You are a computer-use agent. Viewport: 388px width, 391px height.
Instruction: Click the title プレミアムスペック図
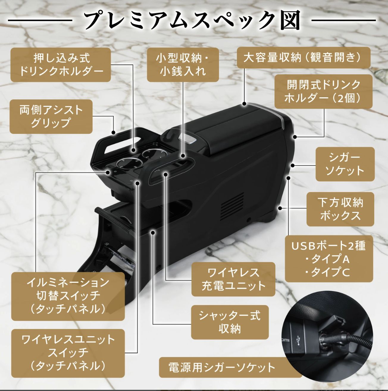coord(192,20)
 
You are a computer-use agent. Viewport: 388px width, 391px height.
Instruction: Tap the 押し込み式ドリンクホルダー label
coord(61,65)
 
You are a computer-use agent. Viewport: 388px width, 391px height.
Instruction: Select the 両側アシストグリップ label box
coord(51,117)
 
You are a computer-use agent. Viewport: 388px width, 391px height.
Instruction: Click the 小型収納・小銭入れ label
coord(183,65)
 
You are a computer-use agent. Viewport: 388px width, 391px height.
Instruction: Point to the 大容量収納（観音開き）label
coord(303,57)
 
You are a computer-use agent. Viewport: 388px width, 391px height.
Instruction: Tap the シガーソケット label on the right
coord(345,164)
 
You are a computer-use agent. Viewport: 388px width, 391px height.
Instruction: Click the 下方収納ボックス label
coord(340,209)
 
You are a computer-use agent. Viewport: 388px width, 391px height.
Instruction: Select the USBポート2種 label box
coord(328,259)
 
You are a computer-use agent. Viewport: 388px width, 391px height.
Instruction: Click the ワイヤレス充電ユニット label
coord(233,279)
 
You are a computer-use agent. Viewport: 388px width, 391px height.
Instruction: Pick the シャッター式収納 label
coord(229,322)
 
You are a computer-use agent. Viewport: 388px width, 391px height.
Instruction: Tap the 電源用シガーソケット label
coord(222,368)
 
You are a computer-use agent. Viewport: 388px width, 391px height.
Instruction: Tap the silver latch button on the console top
coord(189,139)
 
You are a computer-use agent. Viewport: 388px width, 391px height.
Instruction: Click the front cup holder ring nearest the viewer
coord(129,163)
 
